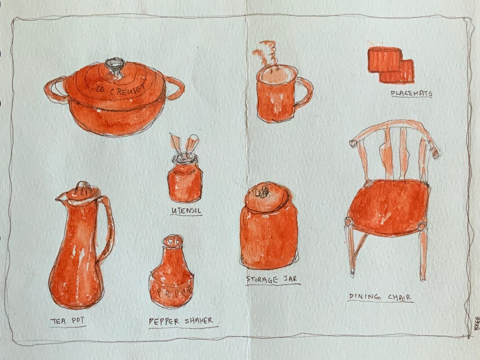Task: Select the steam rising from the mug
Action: tap(267, 56)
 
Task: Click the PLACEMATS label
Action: tap(411, 94)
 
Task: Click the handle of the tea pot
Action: tap(108, 227)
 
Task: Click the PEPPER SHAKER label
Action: tap(181, 321)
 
